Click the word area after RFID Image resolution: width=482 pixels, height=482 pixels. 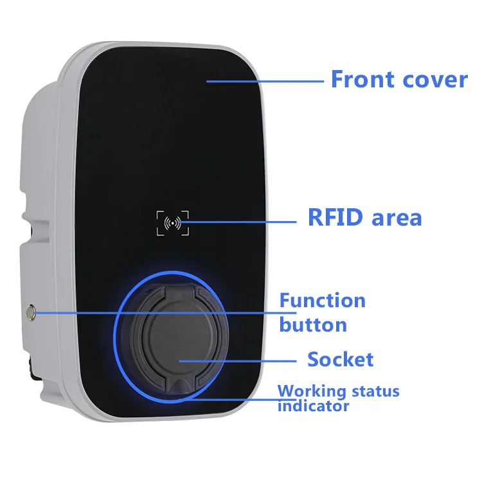(397, 217)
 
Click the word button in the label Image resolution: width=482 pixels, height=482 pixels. (313, 324)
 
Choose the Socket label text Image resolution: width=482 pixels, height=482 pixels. (340, 359)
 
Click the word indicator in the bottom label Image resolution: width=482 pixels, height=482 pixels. (313, 406)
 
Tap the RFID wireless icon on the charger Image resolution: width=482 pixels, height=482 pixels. (172, 223)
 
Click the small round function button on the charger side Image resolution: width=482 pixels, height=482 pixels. (30, 313)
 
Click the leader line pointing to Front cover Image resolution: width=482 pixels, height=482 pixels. (263, 81)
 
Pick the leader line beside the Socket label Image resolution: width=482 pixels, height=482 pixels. (238, 360)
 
